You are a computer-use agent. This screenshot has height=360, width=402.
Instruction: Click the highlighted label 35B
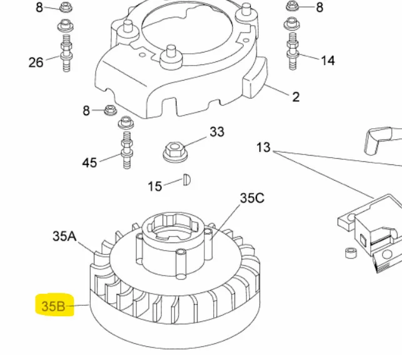tap(53, 306)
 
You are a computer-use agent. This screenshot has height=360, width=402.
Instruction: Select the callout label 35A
tap(64, 236)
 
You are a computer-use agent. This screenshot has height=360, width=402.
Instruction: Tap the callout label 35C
tap(252, 198)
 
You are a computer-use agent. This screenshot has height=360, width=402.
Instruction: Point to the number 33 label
tap(217, 132)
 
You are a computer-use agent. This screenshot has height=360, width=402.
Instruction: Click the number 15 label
tap(155, 186)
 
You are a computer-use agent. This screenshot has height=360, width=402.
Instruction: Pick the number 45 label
tap(89, 162)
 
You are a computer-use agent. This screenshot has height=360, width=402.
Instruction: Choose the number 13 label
tap(263, 147)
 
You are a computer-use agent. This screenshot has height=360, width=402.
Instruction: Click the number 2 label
tap(296, 97)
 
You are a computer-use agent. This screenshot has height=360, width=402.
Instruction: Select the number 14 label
tap(328, 61)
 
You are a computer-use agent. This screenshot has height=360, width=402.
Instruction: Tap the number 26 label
tap(36, 62)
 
